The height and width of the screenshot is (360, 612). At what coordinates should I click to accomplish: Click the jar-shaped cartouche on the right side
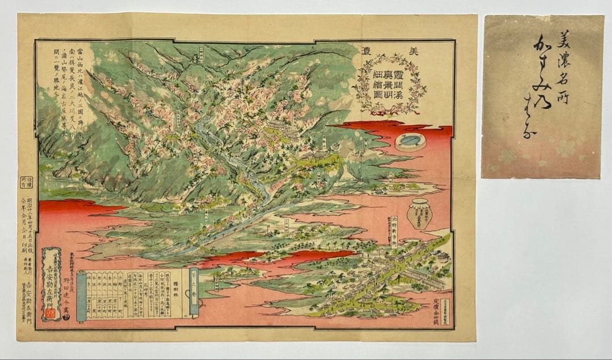[x=419, y=214]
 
